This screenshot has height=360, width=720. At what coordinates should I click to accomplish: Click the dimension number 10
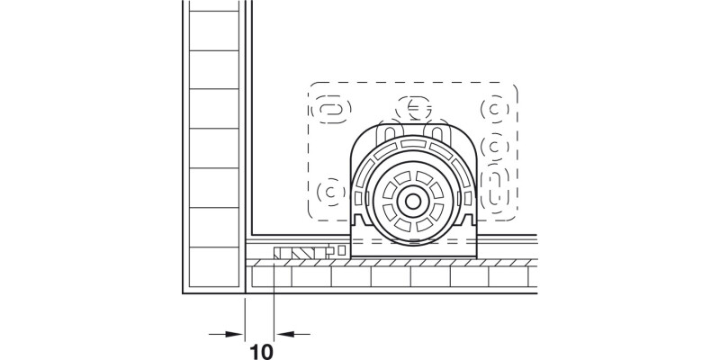[x=259, y=348]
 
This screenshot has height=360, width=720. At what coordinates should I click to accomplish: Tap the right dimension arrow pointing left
[x=291, y=334]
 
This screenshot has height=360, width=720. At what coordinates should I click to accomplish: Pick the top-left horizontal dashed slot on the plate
[x=330, y=110]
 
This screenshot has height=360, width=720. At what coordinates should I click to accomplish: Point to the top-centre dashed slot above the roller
[x=414, y=108]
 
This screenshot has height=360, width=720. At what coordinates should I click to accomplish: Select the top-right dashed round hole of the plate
[x=495, y=110]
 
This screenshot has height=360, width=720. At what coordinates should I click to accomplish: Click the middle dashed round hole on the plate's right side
[x=495, y=146]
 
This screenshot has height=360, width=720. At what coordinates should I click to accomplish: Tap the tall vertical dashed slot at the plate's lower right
[x=495, y=187]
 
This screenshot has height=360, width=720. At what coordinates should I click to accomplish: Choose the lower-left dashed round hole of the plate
[x=331, y=191]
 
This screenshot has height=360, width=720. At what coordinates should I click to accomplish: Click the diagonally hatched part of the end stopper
[x=291, y=253]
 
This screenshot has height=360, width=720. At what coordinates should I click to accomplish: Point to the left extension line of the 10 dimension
[x=245, y=315]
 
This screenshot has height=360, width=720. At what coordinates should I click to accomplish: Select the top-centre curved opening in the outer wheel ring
[x=414, y=145]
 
